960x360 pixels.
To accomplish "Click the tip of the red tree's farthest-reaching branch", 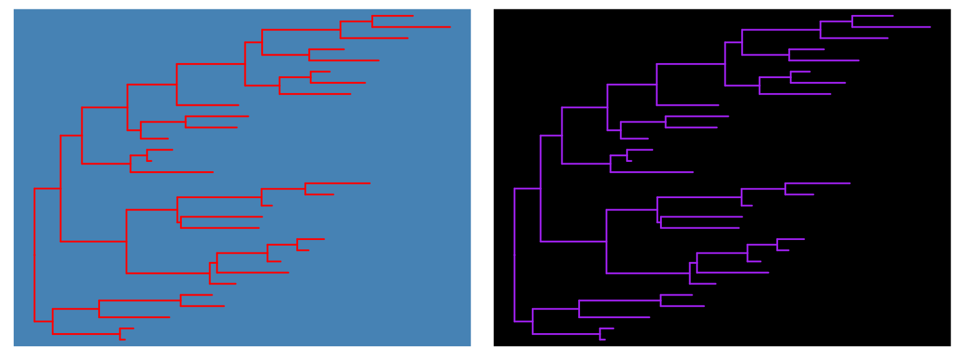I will click(x=450, y=27).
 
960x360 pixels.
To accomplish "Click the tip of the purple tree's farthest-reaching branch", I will click(x=930, y=27).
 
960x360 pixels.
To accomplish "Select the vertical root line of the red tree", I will click(x=34, y=255).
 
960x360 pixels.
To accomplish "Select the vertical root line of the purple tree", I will click(x=514, y=255).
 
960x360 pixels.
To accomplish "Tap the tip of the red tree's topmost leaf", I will click(x=412, y=16).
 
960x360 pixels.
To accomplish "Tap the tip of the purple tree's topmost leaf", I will click(x=892, y=16).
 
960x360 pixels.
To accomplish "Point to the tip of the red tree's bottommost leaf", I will click(x=125, y=339).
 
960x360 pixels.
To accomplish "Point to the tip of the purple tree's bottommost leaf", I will click(x=605, y=339).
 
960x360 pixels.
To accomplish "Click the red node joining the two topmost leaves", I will click(x=372, y=21).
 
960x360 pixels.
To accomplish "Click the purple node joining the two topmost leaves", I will click(x=852, y=21).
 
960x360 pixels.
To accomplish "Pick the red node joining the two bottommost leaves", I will click(x=120, y=334).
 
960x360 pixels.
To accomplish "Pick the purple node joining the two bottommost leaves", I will click(x=600, y=334).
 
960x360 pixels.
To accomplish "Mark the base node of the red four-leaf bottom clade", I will click(x=52, y=321).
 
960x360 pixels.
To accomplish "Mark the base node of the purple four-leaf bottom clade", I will click(x=532, y=321).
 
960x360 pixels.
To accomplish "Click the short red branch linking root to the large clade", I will click(x=47, y=188).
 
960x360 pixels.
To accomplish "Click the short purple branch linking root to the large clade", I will click(x=527, y=188).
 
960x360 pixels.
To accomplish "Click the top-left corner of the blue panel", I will click(x=14, y=9).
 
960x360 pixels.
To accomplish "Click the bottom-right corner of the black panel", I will click(x=950, y=346).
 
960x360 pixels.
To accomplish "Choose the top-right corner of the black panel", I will click(x=950, y=9).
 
